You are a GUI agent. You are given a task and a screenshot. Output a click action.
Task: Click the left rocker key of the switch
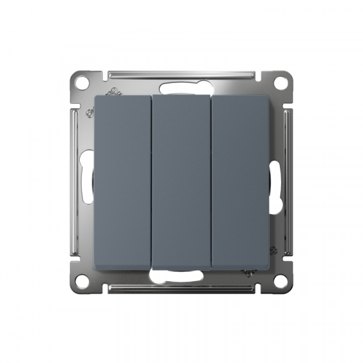point(123,181)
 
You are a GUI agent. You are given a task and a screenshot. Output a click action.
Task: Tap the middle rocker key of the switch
point(181,181)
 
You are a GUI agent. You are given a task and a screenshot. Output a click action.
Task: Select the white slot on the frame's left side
point(88,175)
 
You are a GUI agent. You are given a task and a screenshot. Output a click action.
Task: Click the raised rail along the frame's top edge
point(181,75)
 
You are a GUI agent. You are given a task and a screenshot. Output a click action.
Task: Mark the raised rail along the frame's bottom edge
point(181,287)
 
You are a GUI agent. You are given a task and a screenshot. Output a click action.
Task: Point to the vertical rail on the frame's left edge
point(75,181)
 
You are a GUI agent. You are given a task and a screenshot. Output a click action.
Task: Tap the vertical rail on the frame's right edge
point(288,181)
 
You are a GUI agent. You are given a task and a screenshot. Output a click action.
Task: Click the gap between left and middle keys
point(152,181)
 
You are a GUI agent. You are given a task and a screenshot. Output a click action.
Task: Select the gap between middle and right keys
point(211,181)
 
